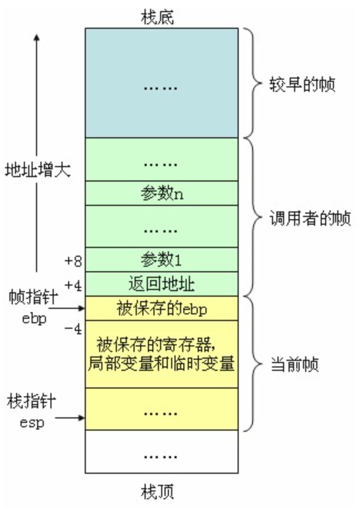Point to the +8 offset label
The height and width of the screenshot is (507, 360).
tap(73, 260)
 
